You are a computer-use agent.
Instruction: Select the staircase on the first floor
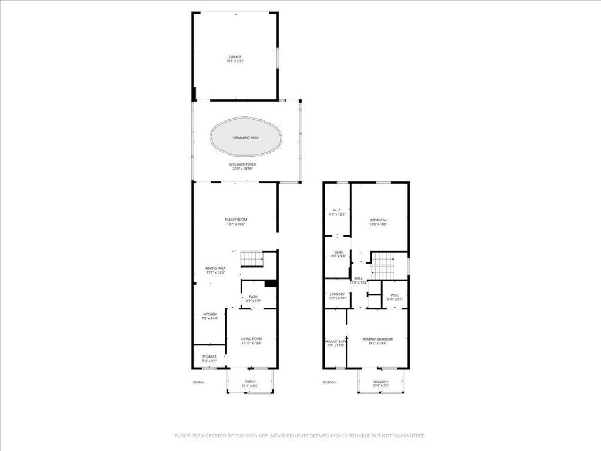coord(251,258)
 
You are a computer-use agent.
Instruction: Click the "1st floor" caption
coord(198,382)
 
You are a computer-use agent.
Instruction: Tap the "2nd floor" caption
coord(329,382)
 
